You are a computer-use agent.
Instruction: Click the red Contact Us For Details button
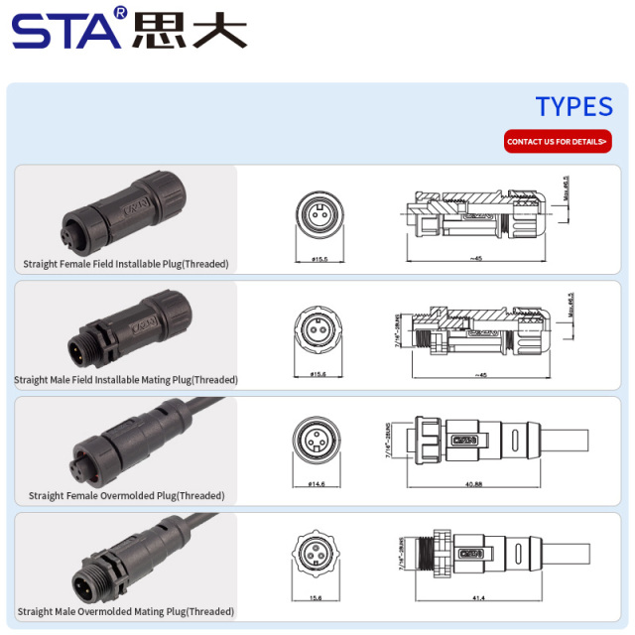[558, 142]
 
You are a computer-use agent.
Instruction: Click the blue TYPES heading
[573, 107]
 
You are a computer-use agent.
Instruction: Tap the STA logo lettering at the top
[67, 29]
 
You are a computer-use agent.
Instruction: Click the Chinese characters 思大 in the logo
[189, 29]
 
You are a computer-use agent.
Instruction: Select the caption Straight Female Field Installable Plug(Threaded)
[126, 264]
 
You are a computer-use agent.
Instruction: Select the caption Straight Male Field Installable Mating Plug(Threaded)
[126, 380]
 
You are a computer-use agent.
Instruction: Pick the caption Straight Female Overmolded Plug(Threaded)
[126, 495]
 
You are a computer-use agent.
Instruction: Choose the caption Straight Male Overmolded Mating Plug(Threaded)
[126, 612]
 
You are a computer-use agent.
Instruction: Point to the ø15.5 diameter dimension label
[318, 259]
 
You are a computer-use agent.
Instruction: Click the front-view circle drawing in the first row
[319, 213]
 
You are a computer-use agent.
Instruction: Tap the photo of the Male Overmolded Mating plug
[124, 561]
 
